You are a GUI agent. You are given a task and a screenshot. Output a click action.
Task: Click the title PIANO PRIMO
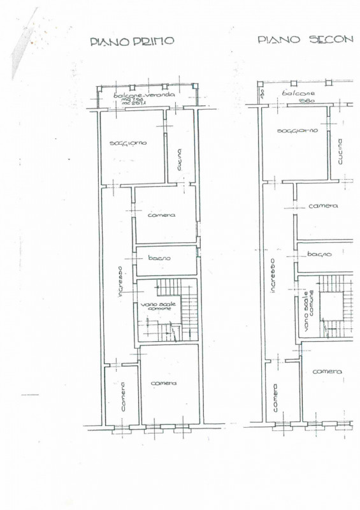132,41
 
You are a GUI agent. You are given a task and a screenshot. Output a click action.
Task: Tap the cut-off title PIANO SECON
305,39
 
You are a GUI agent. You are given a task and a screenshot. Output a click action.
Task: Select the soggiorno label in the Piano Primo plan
128,143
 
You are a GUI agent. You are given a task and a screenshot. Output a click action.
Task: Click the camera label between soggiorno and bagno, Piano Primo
162,215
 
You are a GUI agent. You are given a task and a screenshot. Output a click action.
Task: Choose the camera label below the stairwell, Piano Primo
164,383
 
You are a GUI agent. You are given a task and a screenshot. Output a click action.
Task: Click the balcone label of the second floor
299,93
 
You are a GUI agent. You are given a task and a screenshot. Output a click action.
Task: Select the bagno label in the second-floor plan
319,254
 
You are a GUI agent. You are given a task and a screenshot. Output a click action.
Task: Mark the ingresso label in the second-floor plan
272,275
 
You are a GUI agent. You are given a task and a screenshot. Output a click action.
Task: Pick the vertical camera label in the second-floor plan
275,397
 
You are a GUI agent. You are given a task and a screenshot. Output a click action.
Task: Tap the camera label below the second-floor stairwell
328,371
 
